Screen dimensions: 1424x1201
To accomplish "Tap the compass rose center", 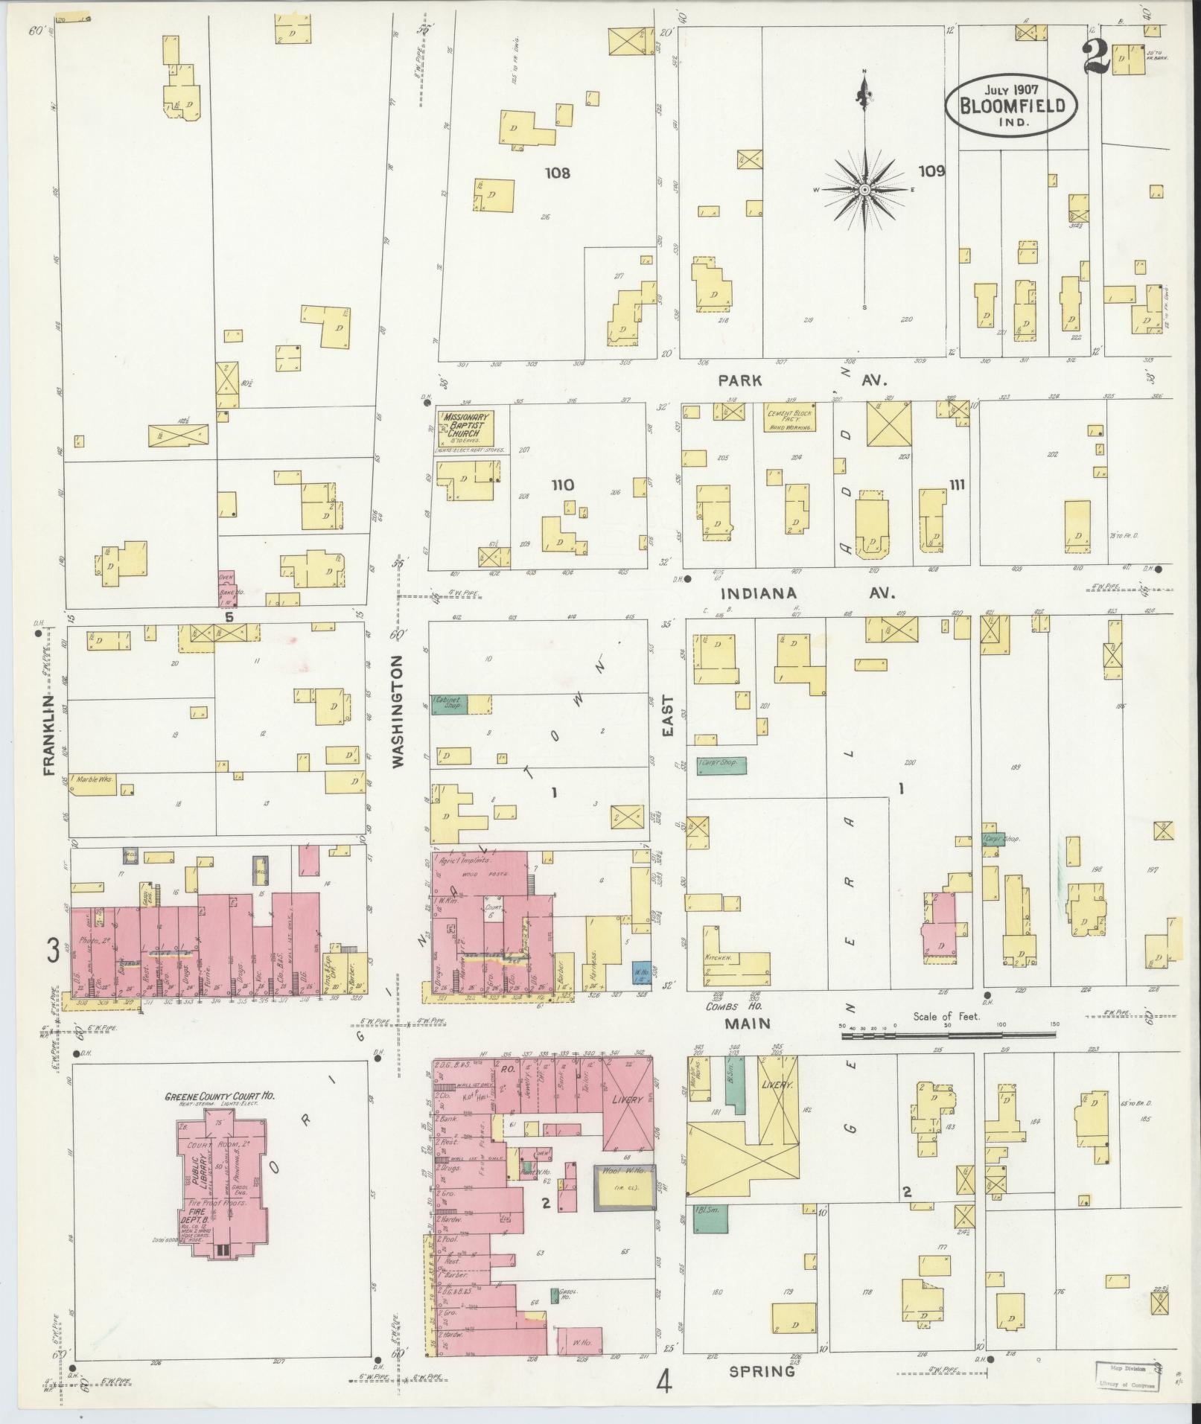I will (864, 190).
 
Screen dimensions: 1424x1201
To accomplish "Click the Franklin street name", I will (50, 735).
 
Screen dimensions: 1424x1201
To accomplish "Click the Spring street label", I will (762, 1370).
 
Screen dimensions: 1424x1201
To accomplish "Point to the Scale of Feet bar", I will (946, 1033).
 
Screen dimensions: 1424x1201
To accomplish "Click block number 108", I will (557, 173).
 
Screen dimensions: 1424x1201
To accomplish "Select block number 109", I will (931, 171).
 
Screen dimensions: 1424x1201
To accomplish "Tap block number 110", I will (562, 485).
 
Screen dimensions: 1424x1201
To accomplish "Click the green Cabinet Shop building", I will (450, 704).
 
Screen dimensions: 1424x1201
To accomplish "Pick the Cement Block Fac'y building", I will (791, 418).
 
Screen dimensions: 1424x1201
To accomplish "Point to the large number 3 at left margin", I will (53, 951).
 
